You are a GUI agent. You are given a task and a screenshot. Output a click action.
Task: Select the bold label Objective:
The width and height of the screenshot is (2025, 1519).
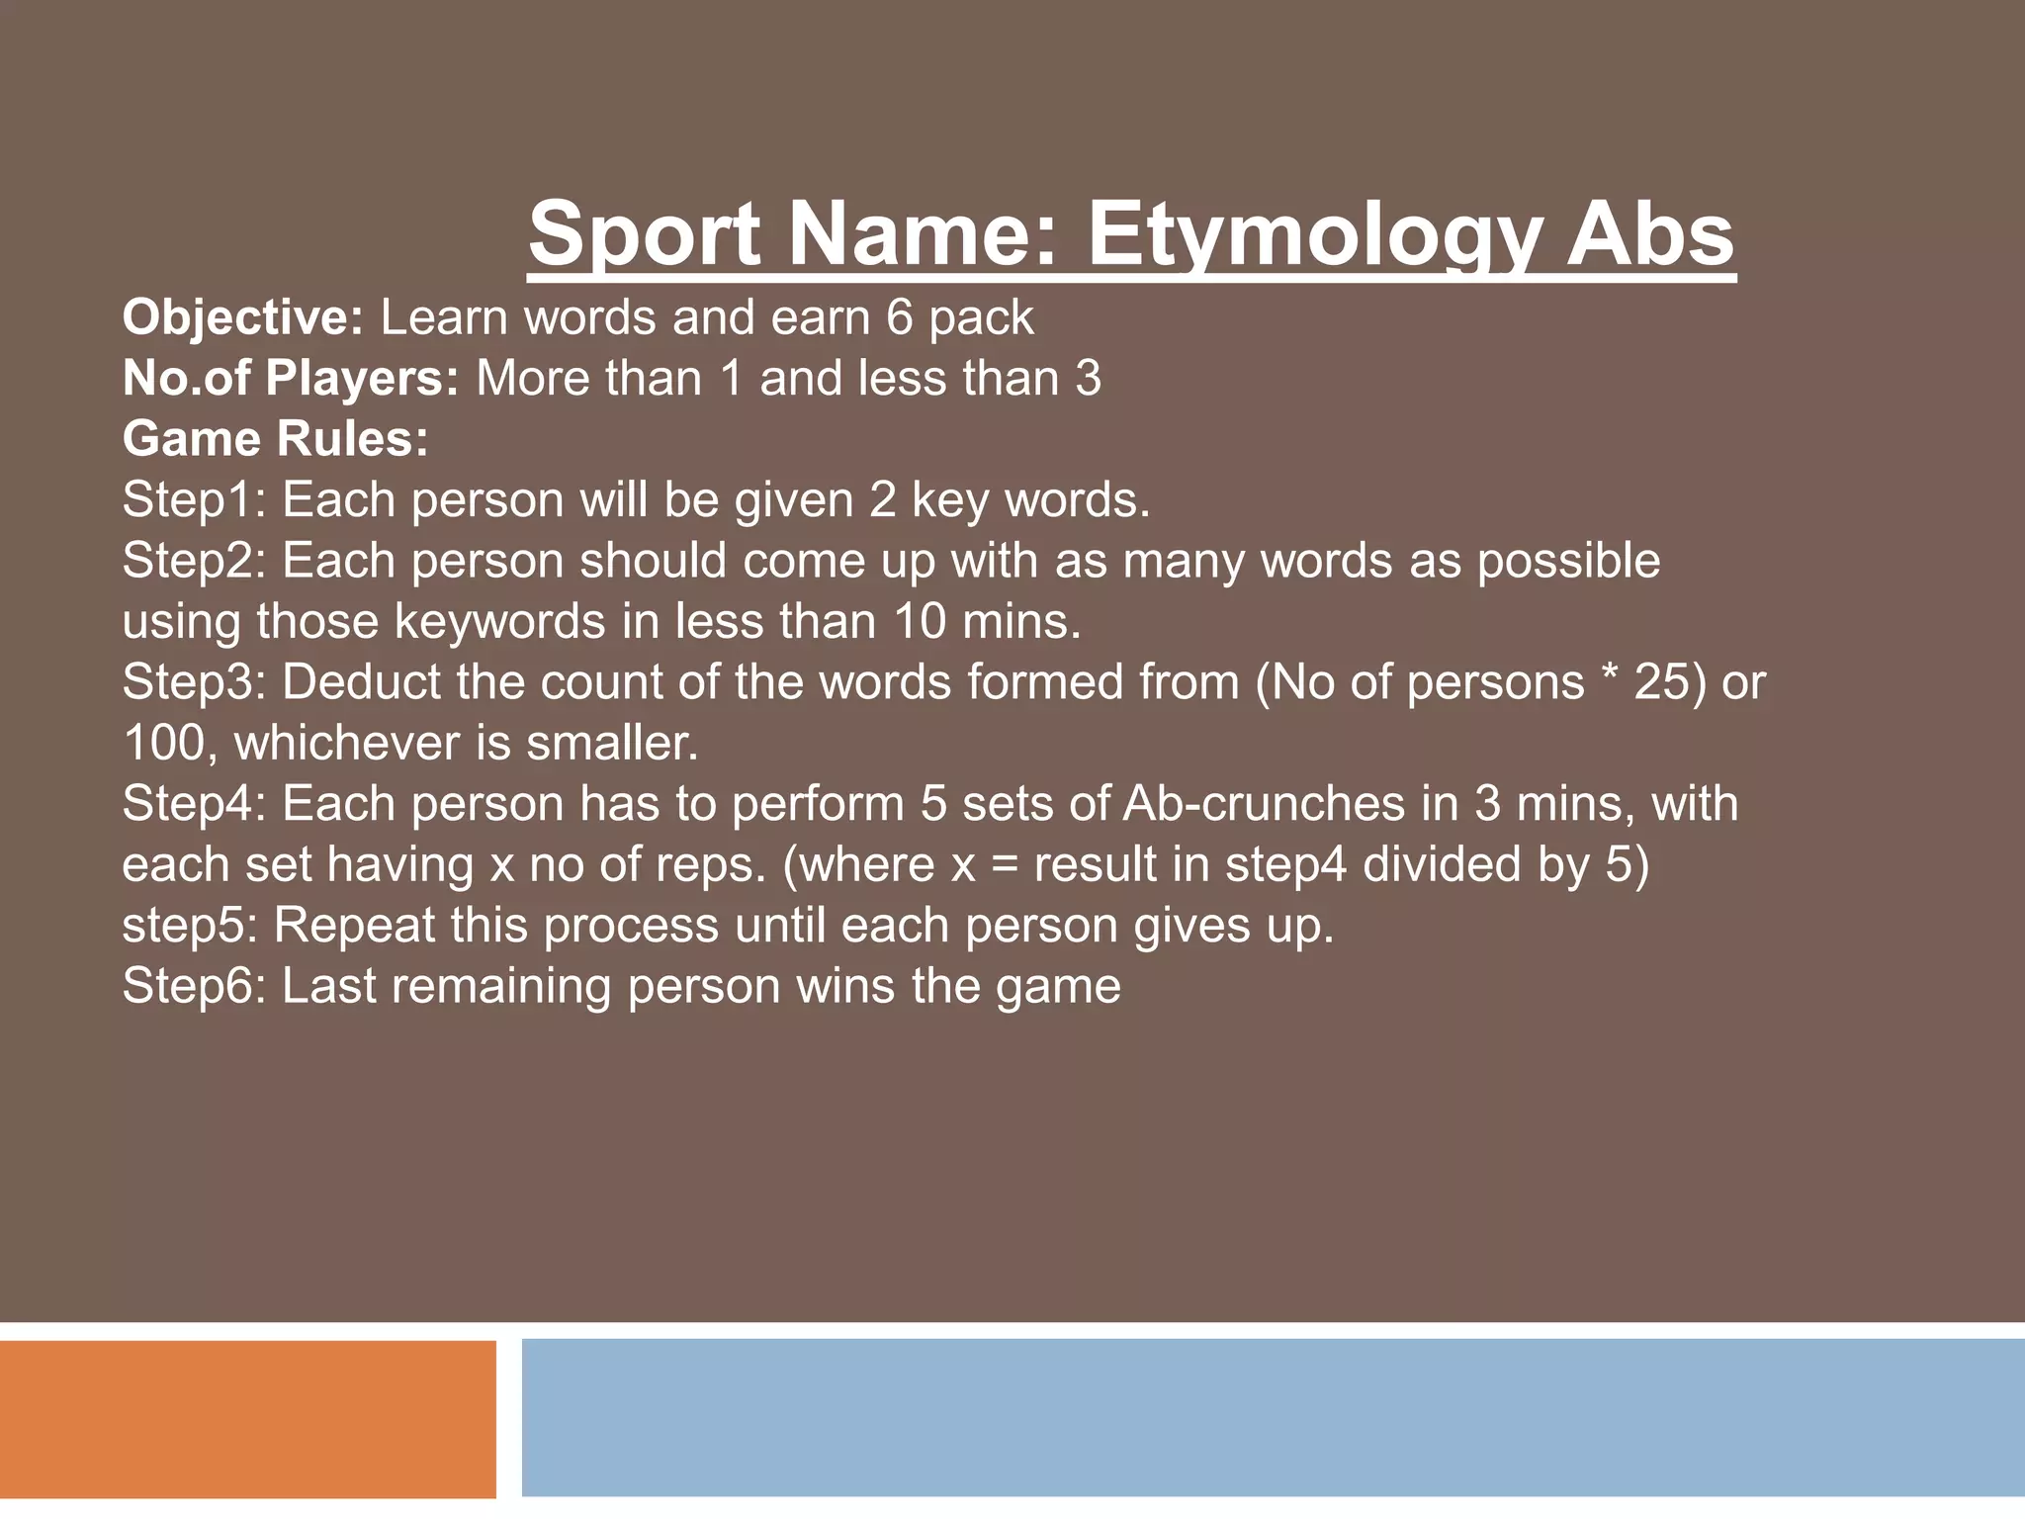pyautogui.click(x=243, y=318)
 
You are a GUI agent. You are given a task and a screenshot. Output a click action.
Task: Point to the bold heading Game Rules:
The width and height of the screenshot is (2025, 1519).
pyautogui.click(x=276, y=439)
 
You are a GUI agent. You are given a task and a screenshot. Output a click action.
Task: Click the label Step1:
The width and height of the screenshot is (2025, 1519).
pyautogui.click(x=194, y=500)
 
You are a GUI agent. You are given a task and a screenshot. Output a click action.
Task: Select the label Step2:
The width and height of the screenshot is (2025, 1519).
pyautogui.click(x=194, y=561)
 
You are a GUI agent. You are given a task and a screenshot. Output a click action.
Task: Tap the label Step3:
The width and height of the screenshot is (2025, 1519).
pyautogui.click(x=194, y=682)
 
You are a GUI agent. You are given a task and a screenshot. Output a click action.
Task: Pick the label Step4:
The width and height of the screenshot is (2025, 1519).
pyautogui.click(x=194, y=804)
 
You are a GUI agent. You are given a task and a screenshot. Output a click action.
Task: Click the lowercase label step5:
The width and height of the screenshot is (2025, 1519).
pyautogui.click(x=190, y=927)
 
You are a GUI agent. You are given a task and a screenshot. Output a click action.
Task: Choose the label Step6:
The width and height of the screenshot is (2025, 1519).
pyautogui.click(x=194, y=987)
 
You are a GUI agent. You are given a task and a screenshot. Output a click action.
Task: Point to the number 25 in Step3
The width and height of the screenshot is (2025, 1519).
pyautogui.click(x=1662, y=682)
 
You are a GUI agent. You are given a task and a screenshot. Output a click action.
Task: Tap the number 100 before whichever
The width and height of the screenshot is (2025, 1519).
pyautogui.click(x=163, y=744)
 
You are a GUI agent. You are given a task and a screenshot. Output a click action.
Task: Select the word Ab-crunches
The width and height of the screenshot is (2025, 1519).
pyautogui.click(x=1264, y=804)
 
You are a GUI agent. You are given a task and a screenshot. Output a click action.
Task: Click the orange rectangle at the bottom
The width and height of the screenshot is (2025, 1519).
pyautogui.click(x=247, y=1419)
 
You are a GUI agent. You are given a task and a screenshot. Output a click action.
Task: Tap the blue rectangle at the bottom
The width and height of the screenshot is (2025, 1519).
pyautogui.click(x=1273, y=1419)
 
